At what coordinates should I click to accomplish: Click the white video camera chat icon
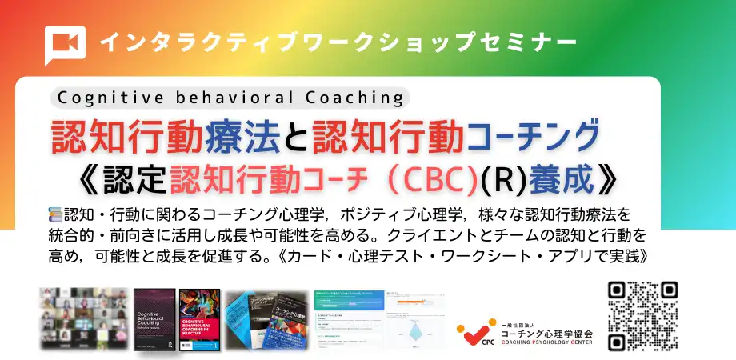65,45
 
